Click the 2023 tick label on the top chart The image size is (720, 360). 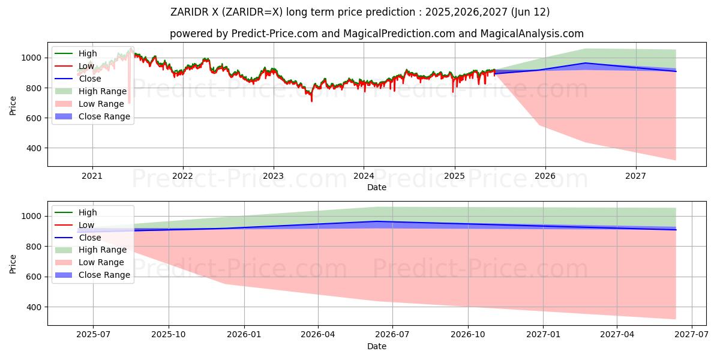[274, 176]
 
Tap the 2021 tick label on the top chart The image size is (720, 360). [92, 176]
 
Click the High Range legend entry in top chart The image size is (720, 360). [103, 91]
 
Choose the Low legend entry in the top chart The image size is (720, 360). [86, 66]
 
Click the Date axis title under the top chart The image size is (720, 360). [377, 187]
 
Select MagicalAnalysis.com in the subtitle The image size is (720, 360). [532, 34]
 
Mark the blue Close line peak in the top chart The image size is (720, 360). [585, 63]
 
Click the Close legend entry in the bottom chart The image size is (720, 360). [90, 238]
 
